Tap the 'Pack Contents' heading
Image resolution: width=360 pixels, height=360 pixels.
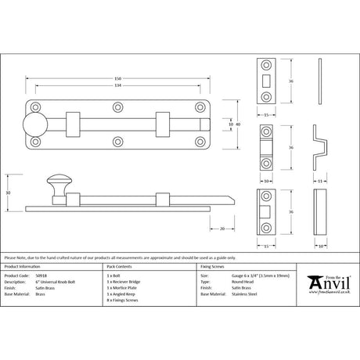pos(119,266)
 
